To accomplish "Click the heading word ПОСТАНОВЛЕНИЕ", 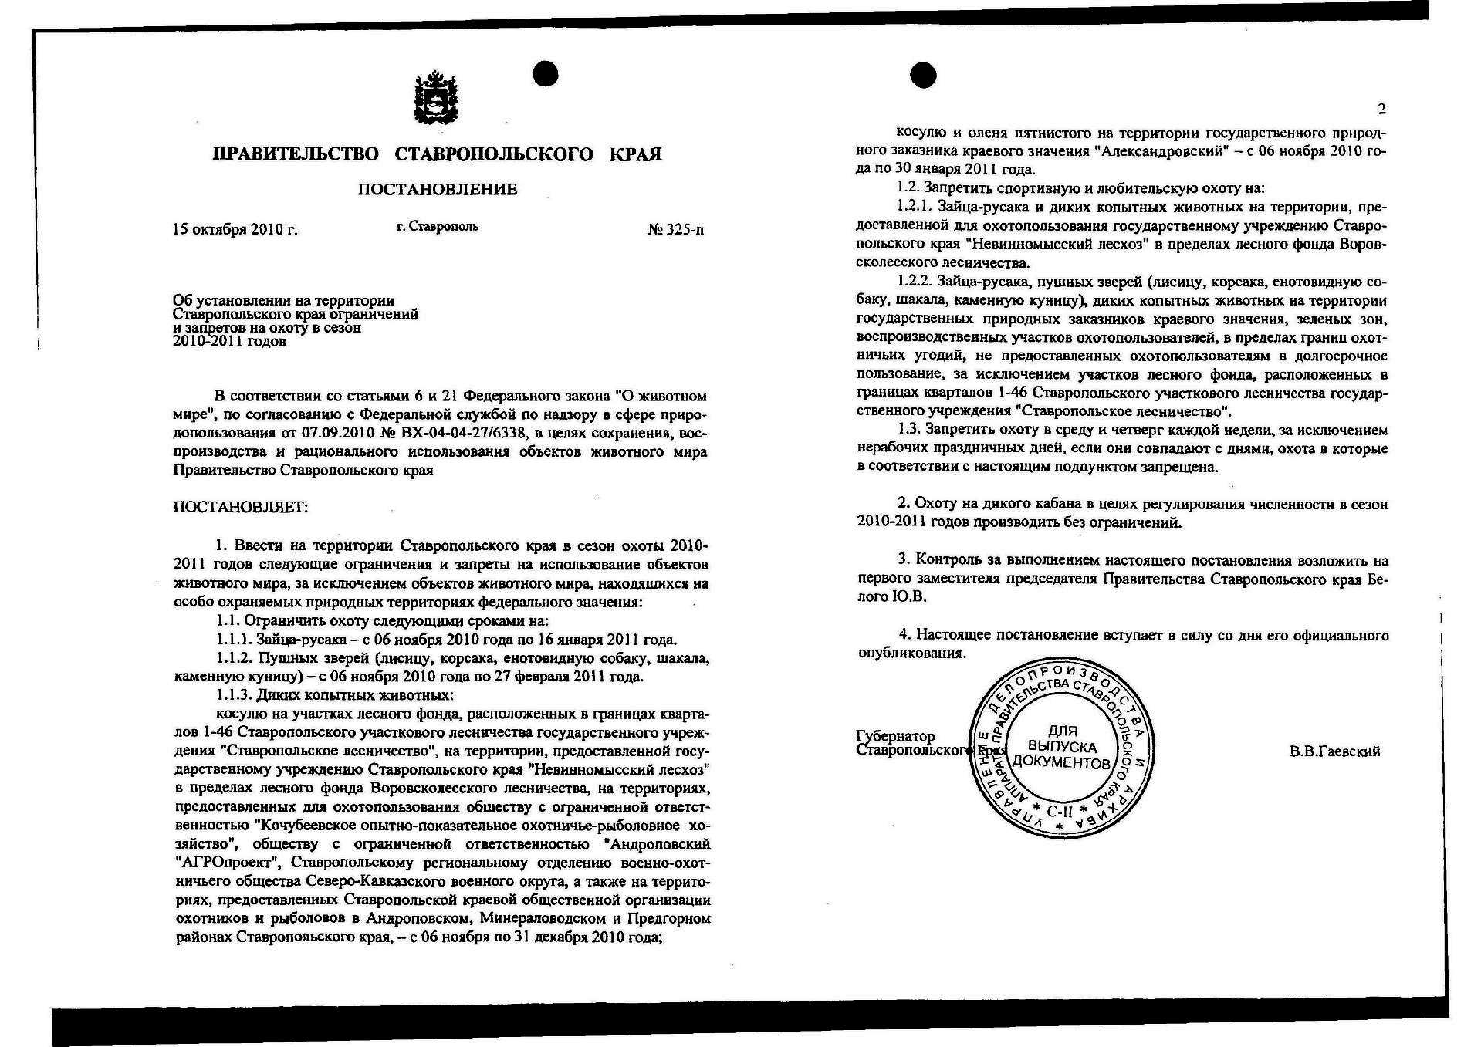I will (x=437, y=190).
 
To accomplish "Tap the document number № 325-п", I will (x=675, y=229).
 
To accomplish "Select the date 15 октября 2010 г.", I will (x=235, y=229).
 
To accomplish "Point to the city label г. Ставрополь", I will (x=438, y=226).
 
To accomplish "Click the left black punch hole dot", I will (x=545, y=73).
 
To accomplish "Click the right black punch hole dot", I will (x=923, y=75).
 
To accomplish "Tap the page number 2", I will (x=1381, y=109).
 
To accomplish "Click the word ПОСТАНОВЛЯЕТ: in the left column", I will (x=241, y=508).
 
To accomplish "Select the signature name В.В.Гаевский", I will (x=1334, y=751).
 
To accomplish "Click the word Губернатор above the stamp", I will (x=895, y=736).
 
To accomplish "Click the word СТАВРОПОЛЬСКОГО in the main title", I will (x=494, y=154).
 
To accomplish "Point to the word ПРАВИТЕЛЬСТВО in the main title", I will (x=296, y=154).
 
